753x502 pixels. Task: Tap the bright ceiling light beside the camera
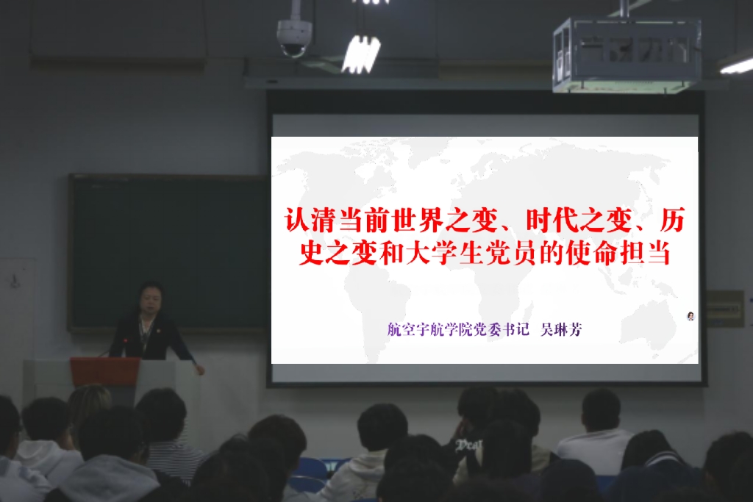360,54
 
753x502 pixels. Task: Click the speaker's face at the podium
150,299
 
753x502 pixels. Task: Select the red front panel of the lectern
105,371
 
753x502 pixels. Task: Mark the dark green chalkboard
168,253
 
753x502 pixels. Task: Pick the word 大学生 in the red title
443,253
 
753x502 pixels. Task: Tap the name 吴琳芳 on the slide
561,330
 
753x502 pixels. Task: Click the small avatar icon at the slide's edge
690,316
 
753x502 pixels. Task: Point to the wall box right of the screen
725,309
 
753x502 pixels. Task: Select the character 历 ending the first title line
672,220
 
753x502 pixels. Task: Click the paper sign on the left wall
18,283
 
